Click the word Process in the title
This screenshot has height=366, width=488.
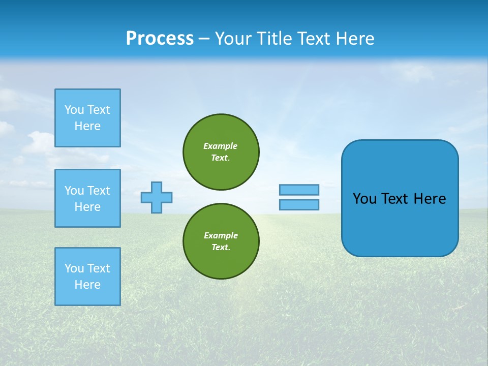click(160, 39)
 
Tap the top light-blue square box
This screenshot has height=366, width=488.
click(87, 118)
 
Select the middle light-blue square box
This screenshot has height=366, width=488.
click(87, 198)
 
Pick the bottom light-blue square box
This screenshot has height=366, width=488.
click(87, 277)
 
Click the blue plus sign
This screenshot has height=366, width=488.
click(157, 197)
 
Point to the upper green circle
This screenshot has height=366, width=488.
click(221, 152)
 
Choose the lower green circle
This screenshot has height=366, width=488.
click(221, 241)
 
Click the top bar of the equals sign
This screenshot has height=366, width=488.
click(299, 190)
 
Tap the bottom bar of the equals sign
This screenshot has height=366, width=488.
click(299, 204)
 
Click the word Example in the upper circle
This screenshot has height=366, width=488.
click(220, 146)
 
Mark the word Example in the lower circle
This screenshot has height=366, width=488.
click(220, 235)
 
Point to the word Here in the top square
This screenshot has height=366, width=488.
click(87, 126)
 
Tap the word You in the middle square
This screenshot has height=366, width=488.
click(74, 191)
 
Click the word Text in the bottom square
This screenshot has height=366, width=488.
click(98, 268)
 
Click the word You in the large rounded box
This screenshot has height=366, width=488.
click(364, 199)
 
